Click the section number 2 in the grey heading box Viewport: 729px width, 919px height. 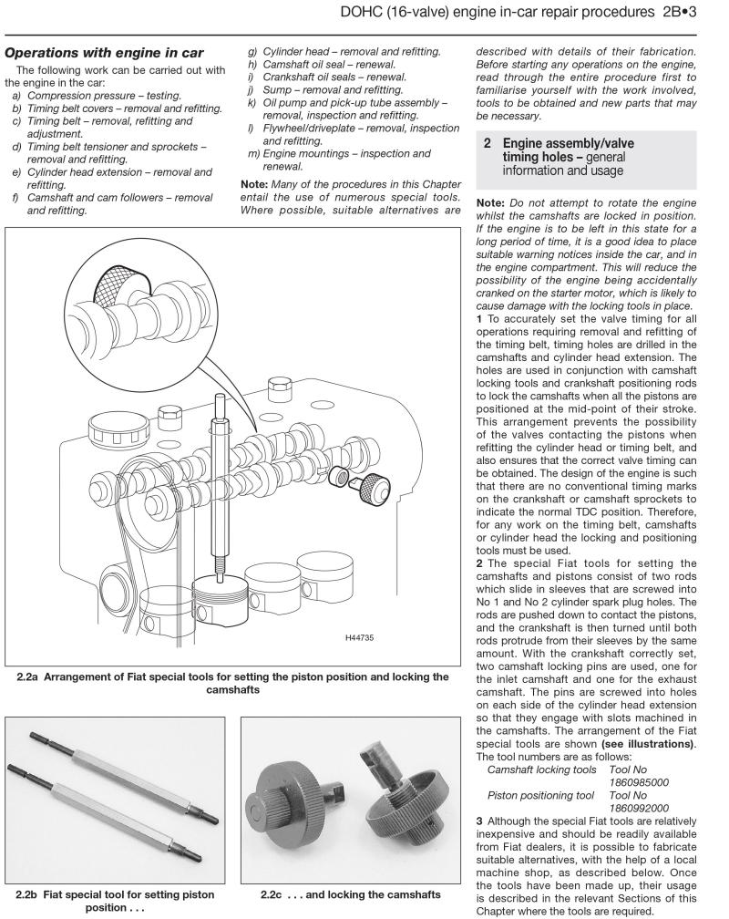488,143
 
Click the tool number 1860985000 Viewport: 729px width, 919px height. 640,781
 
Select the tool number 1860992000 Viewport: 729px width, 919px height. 640,807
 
